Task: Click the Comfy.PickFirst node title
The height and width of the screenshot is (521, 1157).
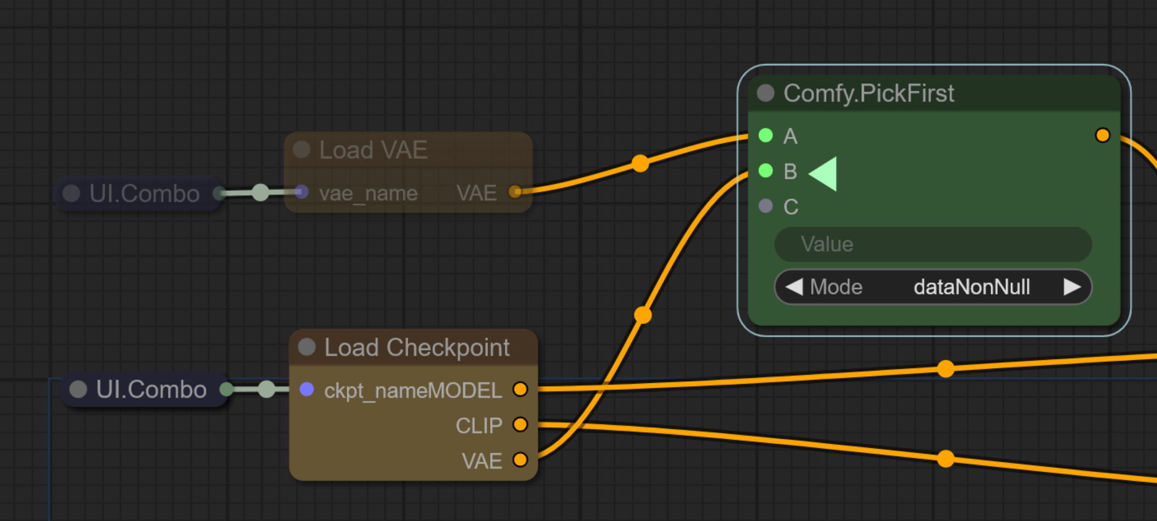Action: tap(868, 93)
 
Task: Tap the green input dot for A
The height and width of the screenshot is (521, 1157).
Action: tap(766, 135)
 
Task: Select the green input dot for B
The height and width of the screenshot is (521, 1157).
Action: tap(766, 171)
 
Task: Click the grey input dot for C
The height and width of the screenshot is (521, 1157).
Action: tap(766, 206)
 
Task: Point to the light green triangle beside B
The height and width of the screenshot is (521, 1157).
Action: tap(825, 173)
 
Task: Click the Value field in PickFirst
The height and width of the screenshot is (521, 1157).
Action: tap(933, 244)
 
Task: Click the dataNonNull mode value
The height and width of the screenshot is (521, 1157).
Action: tap(971, 287)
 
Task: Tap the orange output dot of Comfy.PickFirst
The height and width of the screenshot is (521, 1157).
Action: tap(1102, 135)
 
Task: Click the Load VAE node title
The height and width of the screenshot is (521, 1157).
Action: tap(373, 150)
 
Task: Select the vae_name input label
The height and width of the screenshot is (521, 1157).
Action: tap(368, 193)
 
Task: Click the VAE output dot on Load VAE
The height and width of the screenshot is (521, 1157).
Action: tap(515, 191)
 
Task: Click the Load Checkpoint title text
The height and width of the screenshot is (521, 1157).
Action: tap(417, 347)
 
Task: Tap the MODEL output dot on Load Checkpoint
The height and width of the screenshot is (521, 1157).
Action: tap(520, 389)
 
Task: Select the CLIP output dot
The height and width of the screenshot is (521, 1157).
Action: tap(520, 424)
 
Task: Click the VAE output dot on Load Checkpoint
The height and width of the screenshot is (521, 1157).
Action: tap(520, 460)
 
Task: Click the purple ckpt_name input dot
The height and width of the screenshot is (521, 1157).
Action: tap(307, 389)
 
